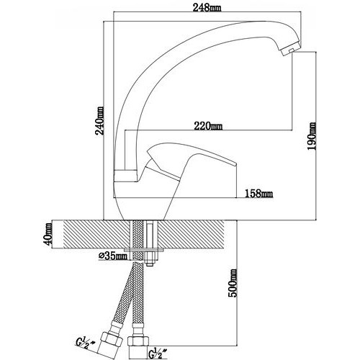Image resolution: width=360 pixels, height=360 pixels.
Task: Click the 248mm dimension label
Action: click(207, 8)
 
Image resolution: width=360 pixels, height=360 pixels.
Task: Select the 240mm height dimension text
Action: click(100, 121)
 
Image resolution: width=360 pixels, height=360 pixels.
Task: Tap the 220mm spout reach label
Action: click(208, 126)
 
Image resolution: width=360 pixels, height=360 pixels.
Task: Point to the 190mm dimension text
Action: click(312, 136)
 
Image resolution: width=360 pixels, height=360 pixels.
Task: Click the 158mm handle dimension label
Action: click(258, 193)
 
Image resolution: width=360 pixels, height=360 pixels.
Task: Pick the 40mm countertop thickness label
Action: click(48, 234)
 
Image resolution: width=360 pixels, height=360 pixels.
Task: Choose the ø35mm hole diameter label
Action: click(113, 256)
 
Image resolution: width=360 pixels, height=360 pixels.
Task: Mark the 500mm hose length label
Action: click(232, 283)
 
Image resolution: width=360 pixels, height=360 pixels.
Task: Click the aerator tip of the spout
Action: click(289, 50)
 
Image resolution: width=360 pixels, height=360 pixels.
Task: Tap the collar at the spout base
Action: click(125, 176)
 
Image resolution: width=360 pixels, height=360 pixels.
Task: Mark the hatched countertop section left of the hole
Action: click(96, 234)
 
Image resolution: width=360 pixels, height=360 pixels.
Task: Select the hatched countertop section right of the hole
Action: click(192, 234)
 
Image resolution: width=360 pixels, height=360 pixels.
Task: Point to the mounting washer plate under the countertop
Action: click(144, 250)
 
